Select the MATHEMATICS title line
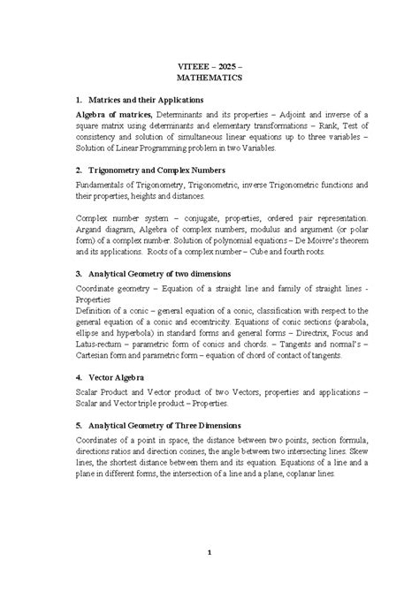pyautogui.click(x=209, y=78)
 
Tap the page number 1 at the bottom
pyautogui.click(x=209, y=553)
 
